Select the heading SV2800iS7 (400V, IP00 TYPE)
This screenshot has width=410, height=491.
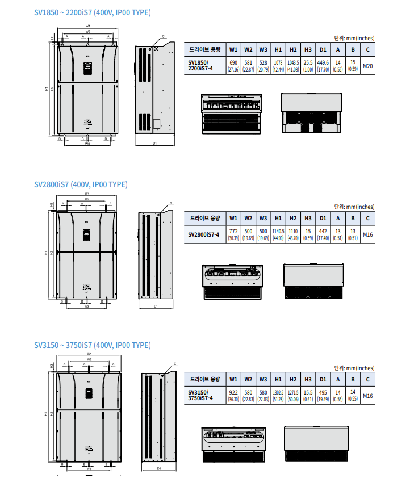point(81,184)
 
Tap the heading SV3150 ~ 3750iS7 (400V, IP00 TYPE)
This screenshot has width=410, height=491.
point(92,345)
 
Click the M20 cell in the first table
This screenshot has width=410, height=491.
point(368,66)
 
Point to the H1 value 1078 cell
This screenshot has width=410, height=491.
point(278,65)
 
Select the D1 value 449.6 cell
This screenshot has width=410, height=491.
point(323,65)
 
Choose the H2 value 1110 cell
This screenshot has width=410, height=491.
point(292,234)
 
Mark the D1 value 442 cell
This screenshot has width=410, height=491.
point(323,234)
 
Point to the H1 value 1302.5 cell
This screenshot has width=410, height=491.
point(278,395)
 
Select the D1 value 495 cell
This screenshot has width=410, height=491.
point(323,395)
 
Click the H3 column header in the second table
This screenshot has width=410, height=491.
point(308,218)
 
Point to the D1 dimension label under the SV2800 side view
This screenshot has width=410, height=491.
point(156,306)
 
